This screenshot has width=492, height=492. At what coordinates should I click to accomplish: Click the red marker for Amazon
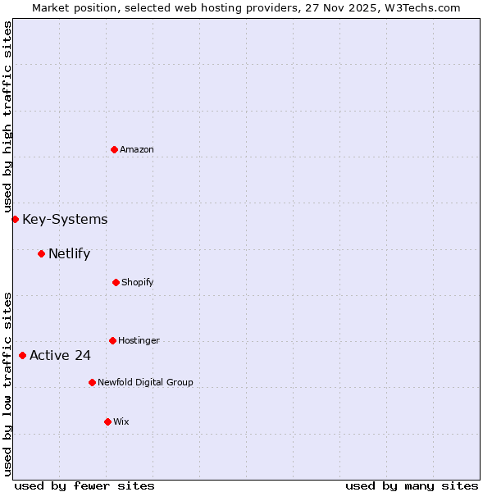[115, 149]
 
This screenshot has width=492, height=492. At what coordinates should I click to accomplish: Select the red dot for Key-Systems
[15, 219]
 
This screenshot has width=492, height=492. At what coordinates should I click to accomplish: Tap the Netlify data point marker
[41, 253]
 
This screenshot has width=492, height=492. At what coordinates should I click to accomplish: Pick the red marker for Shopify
[116, 282]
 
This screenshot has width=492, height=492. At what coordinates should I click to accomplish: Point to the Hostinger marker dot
[112, 340]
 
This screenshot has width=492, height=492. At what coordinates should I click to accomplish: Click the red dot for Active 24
[22, 355]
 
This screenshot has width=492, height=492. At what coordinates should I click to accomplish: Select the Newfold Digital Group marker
[92, 382]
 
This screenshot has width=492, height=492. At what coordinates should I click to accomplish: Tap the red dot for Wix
[107, 421]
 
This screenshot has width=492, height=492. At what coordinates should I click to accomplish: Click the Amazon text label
[137, 149]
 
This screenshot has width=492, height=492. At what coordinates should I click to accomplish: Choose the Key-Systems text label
[65, 219]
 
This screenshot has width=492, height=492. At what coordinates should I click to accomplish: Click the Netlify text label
[69, 253]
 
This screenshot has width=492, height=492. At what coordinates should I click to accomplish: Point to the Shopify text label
[138, 282]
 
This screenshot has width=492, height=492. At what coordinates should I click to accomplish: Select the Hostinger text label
[139, 340]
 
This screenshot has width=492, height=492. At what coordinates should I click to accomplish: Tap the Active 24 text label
[60, 355]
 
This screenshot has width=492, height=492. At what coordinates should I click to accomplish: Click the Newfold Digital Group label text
[145, 382]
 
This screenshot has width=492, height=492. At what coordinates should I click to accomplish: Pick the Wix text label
[121, 421]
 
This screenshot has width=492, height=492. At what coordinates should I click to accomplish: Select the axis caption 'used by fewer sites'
[84, 485]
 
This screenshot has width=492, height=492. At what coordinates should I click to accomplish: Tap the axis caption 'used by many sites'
[412, 485]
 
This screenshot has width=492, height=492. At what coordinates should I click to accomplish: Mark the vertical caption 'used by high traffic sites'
[7, 116]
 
